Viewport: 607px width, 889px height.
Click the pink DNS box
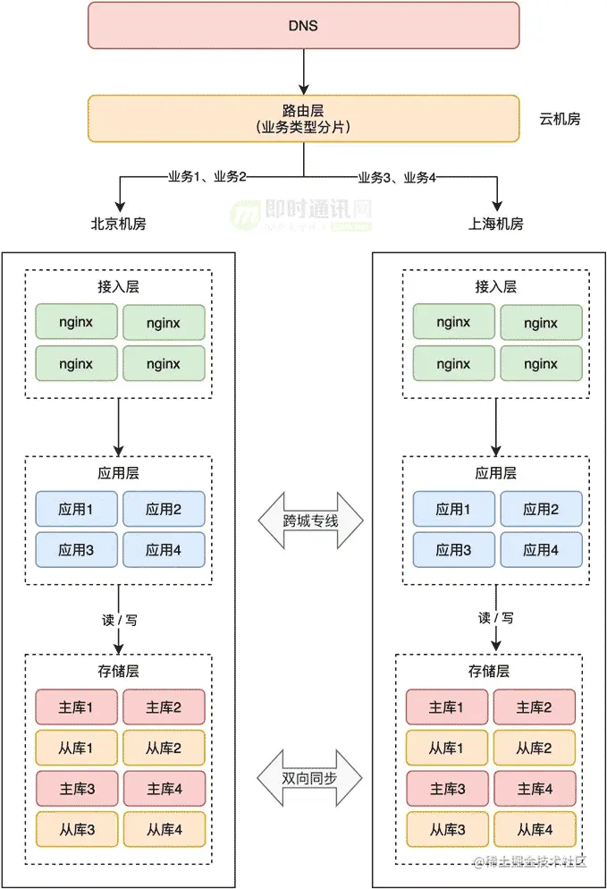click(303, 26)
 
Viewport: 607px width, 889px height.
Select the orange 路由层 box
click(303, 118)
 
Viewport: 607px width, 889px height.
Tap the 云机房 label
click(560, 119)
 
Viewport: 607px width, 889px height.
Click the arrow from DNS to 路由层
click(304, 72)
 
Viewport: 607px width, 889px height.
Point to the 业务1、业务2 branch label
click(207, 177)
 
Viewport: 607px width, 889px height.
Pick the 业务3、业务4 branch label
click(397, 178)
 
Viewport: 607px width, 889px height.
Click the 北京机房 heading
click(119, 224)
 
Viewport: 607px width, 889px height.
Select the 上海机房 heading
click(496, 224)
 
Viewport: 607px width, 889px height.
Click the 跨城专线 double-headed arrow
click(310, 521)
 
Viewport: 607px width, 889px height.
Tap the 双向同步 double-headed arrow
click(309, 778)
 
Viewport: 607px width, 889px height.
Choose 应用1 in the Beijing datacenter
click(77, 509)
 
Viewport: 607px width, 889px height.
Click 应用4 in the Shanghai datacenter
click(541, 550)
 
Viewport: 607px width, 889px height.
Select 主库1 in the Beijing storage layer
click(77, 707)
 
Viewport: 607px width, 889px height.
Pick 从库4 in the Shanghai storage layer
click(535, 829)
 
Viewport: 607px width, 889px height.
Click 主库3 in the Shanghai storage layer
click(447, 789)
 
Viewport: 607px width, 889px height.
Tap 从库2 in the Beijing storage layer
click(164, 748)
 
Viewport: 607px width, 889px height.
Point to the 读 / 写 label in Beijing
click(119, 621)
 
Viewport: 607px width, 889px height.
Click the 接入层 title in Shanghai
click(496, 287)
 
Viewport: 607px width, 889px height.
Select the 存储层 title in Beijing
click(119, 672)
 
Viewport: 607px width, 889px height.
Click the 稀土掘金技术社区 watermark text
click(530, 862)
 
